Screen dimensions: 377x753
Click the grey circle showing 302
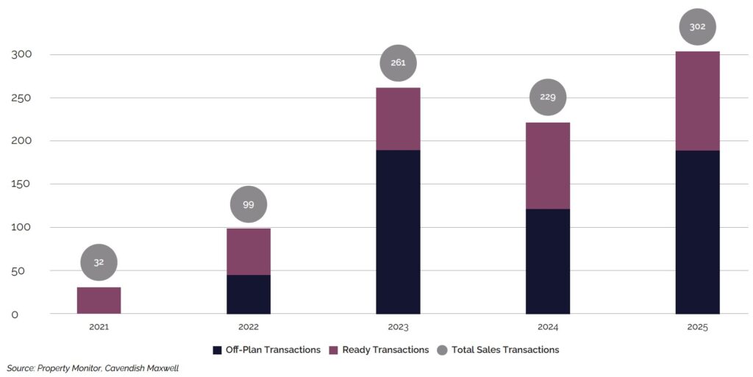[697, 27]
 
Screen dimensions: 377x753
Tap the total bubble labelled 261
[398, 63]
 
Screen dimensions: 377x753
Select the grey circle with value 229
[547, 97]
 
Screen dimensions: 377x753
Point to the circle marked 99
[249, 204]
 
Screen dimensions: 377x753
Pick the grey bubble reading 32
[99, 262]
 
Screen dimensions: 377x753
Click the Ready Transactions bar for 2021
[99, 301]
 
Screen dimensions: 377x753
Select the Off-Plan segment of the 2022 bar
[249, 295]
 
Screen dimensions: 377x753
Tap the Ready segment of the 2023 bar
[398, 119]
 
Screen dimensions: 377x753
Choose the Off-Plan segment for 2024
[547, 262]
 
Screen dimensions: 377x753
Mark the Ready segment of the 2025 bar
[697, 101]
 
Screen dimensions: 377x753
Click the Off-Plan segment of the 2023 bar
[398, 232]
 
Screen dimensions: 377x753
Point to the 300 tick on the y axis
[21, 54]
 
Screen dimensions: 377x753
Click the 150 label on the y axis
[21, 184]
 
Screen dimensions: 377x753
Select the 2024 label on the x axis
[547, 327]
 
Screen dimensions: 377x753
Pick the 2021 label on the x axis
[99, 327]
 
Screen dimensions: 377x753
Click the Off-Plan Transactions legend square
[217, 351]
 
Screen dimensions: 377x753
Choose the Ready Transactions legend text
[385, 351]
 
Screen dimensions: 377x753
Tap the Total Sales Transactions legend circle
[442, 351]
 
